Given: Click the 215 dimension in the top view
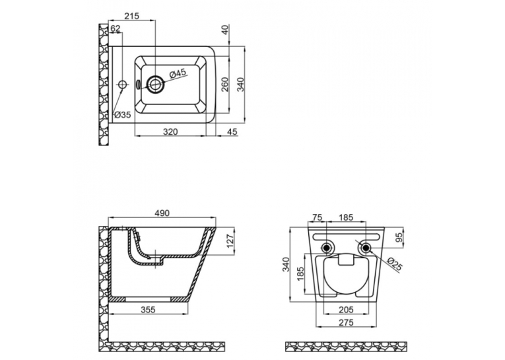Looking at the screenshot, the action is tap(132, 15).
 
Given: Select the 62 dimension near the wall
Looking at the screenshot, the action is tap(115, 28).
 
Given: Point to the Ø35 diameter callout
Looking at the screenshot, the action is tap(123, 114).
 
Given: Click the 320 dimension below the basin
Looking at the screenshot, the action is tap(170, 132).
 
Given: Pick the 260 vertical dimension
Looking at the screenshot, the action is tap(225, 85).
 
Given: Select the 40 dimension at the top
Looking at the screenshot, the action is tap(225, 30).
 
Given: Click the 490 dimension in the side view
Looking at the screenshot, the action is tap(162, 213).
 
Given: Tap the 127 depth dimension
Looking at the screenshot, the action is tap(230, 240).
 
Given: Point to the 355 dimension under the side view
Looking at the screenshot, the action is tap(148, 310).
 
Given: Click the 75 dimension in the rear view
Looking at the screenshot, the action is tap(318, 217).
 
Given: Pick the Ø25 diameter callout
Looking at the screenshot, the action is tap(395, 264).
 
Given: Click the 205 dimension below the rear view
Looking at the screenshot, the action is tap(346, 310).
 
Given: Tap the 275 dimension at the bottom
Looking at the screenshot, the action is tap(346, 322).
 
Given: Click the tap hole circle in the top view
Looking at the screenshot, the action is tap(122, 85).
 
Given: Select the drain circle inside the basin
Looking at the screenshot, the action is tap(156, 85).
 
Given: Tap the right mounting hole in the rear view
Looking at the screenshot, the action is tap(366, 248).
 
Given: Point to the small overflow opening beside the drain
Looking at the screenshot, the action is tap(138, 85).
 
